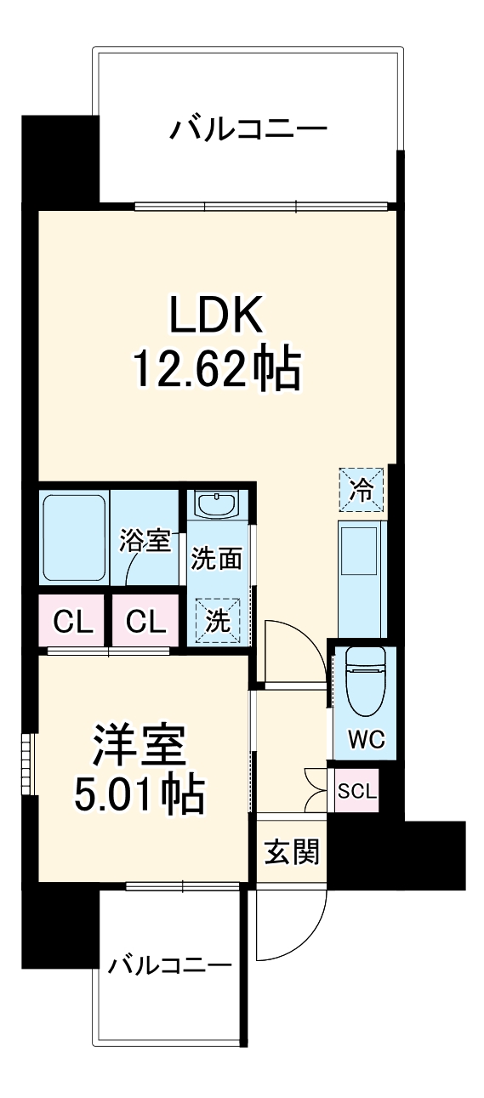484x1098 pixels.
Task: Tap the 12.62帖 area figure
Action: tap(215, 368)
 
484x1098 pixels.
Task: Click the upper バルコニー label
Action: tap(248, 130)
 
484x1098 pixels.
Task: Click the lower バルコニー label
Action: tap(170, 965)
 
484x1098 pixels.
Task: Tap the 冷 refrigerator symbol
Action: tap(362, 490)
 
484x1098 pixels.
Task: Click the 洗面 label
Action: tap(216, 559)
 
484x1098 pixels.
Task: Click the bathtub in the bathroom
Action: tap(75, 538)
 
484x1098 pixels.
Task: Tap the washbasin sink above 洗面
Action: tap(216, 504)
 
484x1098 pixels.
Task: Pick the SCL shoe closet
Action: tap(356, 791)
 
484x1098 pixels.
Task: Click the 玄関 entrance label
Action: tap(290, 852)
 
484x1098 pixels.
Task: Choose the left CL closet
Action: tap(73, 623)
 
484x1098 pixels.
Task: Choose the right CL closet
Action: tap(145, 623)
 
